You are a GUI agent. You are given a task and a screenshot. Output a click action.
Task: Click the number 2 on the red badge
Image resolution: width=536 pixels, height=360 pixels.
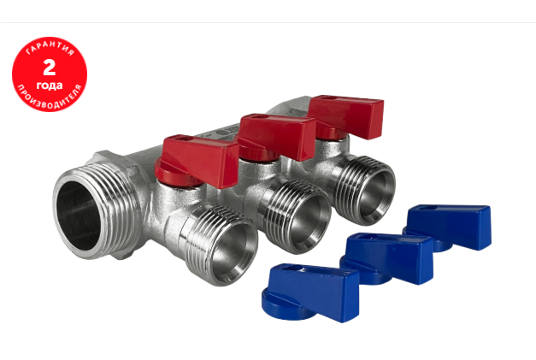[50, 68]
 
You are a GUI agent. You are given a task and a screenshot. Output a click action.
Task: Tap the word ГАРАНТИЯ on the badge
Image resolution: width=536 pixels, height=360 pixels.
[50, 48]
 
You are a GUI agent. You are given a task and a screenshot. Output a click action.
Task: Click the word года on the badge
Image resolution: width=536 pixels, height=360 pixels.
[50, 86]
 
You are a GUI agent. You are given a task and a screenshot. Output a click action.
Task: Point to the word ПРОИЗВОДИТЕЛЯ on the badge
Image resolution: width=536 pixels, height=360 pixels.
[50, 98]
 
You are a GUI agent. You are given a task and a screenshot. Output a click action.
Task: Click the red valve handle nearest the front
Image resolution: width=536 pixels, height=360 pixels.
[197, 161]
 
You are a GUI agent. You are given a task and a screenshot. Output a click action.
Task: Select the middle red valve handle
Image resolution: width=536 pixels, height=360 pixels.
[277, 136]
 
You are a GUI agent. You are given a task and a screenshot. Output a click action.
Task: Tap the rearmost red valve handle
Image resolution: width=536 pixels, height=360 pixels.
[346, 116]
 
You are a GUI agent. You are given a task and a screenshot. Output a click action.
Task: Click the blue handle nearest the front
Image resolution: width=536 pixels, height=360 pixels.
[310, 292]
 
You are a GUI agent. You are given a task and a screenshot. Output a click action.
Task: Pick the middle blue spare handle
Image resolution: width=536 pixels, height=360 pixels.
[387, 258]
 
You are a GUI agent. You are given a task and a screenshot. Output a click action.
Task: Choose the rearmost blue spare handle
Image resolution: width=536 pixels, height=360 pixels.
[448, 227]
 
